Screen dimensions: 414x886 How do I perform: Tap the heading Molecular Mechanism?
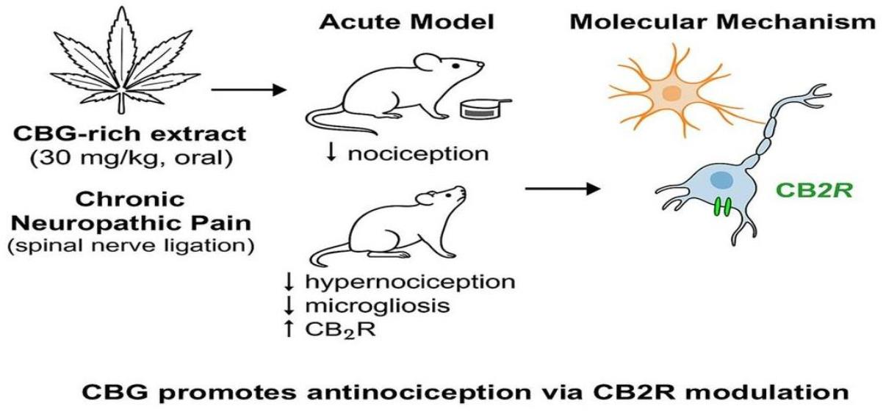click(x=723, y=22)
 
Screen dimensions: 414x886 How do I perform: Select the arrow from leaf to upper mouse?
click(x=247, y=90)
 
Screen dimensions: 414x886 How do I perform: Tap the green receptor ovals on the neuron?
click(x=722, y=207)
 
